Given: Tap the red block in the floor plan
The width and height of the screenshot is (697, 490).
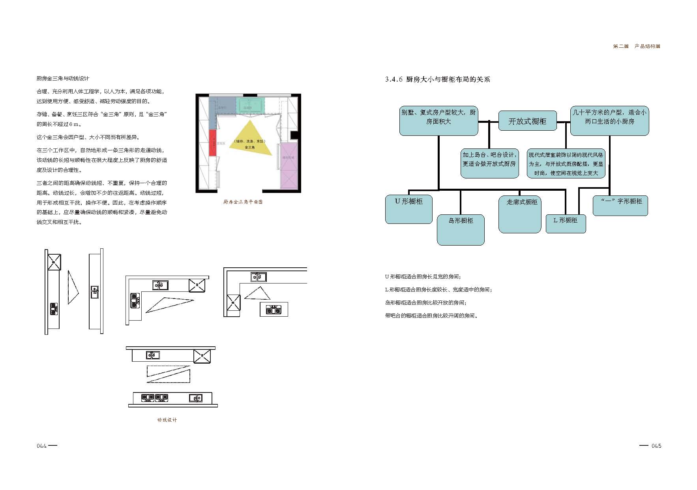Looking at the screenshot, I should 213,143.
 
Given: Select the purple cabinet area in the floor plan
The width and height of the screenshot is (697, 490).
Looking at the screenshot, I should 288,166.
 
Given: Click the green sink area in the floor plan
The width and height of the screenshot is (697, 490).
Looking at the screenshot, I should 250,105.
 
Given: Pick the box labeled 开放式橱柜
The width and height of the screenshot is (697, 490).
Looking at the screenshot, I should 527,121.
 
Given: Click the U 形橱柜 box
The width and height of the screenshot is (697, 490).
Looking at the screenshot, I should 408,209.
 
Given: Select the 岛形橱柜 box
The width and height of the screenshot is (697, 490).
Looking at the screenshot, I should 461,229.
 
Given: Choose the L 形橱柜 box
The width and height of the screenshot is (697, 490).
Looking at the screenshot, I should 566,223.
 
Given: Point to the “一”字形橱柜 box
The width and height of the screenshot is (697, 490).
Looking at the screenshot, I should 620,205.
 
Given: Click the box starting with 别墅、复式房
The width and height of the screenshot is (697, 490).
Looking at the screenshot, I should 438,120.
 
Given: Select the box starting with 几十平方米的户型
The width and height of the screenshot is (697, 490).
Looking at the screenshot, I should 609,120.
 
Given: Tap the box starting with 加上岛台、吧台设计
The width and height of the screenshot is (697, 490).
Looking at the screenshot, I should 489,163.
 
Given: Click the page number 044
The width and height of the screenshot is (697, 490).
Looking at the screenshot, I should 42,446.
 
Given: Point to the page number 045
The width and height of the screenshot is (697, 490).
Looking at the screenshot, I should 656,446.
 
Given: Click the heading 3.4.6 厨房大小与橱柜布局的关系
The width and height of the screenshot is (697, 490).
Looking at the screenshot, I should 437,79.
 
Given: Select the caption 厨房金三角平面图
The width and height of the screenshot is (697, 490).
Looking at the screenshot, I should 243,202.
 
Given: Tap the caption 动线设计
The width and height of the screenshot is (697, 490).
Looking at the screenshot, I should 167,420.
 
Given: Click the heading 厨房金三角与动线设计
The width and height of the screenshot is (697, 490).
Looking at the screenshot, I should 63,79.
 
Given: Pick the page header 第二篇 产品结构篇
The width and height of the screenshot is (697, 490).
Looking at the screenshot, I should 636,46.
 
